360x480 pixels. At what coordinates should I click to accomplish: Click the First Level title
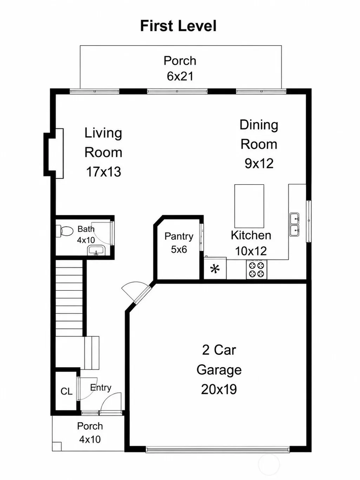click(x=178, y=26)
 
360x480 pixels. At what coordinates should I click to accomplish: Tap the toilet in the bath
click(x=64, y=231)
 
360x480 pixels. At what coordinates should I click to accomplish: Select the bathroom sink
click(x=96, y=250)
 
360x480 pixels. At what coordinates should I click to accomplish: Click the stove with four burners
click(x=256, y=269)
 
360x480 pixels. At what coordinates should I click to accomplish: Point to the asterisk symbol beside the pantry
click(x=215, y=269)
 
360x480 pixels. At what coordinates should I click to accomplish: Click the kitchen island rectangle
click(x=249, y=206)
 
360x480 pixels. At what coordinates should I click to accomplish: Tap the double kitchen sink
click(x=295, y=224)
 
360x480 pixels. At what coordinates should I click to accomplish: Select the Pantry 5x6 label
click(x=179, y=243)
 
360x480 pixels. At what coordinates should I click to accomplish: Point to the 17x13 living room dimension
click(x=104, y=172)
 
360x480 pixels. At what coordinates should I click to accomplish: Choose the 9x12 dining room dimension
click(x=259, y=163)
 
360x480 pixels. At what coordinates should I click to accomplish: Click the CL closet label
click(x=66, y=392)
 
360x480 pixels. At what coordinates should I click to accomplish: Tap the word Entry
click(x=100, y=388)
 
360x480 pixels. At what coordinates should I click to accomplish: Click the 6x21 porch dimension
click(x=180, y=76)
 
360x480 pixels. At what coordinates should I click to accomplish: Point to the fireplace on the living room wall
click(x=54, y=153)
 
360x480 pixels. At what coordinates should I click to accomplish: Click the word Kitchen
click(x=251, y=236)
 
